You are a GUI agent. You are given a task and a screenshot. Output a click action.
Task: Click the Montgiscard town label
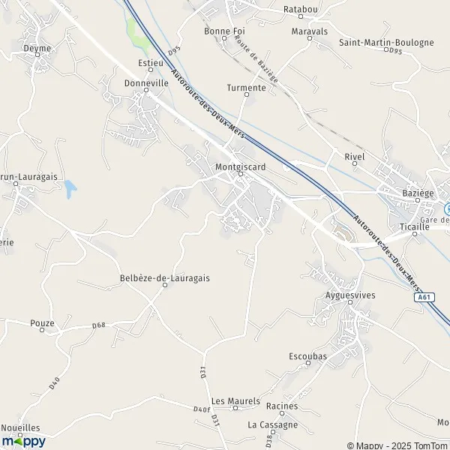point(240,166)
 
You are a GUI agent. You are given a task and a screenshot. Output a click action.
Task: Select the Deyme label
point(37,48)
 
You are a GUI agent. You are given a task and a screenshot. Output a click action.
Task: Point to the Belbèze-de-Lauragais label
point(164,277)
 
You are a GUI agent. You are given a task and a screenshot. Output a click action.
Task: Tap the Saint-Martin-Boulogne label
point(386,43)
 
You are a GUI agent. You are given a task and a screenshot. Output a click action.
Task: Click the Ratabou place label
point(301,8)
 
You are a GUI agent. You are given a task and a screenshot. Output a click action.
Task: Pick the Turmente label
point(246,88)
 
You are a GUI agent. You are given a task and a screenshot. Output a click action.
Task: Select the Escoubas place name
point(307,356)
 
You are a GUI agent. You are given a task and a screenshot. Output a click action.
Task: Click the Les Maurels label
point(235,401)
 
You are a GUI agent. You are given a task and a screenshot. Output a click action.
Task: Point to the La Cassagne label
point(273,424)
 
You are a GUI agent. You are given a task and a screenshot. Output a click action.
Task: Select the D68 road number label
point(98,325)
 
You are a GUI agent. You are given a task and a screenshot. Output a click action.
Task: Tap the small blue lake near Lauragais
point(70,189)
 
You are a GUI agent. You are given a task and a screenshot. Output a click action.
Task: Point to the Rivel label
point(353,157)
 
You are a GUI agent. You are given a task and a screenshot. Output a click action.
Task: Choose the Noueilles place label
point(20,427)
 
